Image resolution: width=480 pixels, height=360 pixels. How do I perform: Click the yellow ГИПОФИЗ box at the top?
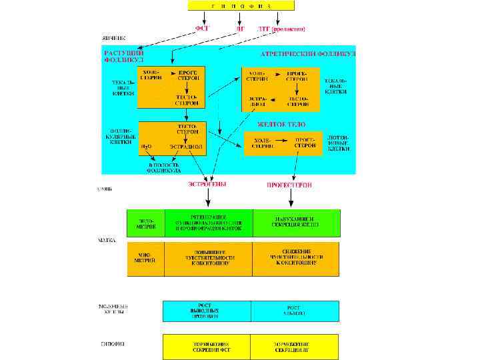click(240, 5)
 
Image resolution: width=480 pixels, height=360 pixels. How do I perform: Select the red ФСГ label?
click(202, 29)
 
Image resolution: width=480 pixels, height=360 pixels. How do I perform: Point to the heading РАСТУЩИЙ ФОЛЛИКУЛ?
click(123, 55)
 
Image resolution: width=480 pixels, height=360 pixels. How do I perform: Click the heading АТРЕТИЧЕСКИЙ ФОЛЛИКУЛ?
click(307, 53)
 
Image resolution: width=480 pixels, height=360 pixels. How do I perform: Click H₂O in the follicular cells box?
click(146, 145)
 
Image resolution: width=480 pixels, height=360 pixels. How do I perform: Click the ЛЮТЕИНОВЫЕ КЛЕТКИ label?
click(338, 142)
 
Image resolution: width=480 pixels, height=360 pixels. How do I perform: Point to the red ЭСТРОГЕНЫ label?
click(207, 184)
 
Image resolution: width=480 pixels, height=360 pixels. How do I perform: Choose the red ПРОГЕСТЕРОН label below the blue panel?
click(290, 184)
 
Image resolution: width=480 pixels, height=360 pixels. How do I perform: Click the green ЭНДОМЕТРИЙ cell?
click(147, 223)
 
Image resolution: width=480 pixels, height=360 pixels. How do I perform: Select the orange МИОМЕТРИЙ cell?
click(147, 259)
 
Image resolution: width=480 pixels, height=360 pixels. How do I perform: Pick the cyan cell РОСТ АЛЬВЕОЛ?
click(295, 311)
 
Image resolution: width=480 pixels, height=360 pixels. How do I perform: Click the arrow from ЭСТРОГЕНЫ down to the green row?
click(208, 199)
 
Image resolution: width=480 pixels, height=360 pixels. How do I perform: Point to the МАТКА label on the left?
click(107, 239)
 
